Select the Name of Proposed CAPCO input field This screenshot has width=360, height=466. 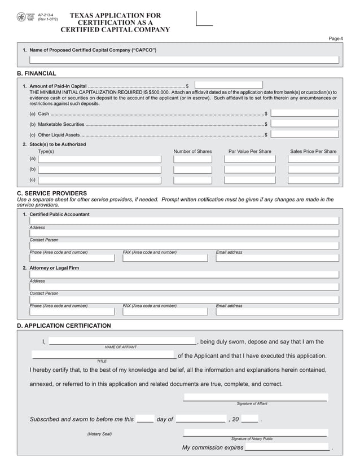pos(184,60)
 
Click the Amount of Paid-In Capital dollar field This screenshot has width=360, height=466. pos(229,85)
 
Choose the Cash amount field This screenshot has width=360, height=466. pos(305,113)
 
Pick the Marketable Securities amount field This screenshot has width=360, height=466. pos(305,124)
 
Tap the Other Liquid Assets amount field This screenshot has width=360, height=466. pos(305,134)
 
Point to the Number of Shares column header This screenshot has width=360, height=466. pos(192,151)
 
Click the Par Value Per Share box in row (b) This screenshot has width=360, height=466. pos(249,169)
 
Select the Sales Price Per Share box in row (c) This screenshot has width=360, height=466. pos(313,180)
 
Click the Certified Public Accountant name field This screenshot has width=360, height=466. pos(184,221)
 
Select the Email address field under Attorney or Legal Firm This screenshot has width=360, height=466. pos(277,311)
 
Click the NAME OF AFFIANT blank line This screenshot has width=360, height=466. pos(122,341)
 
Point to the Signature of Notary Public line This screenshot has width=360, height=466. pos(254,433)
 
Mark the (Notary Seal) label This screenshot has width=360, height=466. pos(99,434)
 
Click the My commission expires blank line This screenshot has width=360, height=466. pos(287,447)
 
